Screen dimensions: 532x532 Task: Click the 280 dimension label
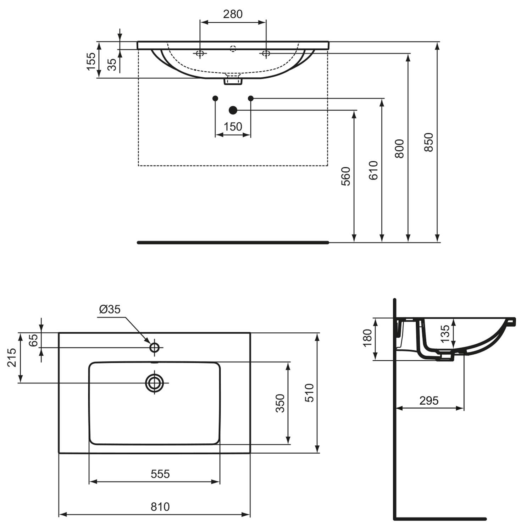[x=233, y=14]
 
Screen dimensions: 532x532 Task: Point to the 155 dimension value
[x=92, y=61]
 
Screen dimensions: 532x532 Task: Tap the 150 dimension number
[x=233, y=127]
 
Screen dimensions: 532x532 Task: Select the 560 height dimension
[x=345, y=176]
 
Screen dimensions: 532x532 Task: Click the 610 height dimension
[x=373, y=170]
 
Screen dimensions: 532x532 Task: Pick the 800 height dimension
[x=399, y=149]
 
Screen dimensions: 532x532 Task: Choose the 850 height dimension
[x=429, y=142]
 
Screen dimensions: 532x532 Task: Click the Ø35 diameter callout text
[x=110, y=309]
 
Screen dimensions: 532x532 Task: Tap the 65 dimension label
[x=33, y=340]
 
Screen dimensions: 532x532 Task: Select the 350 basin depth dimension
[x=280, y=403]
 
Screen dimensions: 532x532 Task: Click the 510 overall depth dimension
[x=309, y=393]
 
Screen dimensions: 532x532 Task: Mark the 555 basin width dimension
[x=160, y=474]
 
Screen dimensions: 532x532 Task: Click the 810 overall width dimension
[x=160, y=507]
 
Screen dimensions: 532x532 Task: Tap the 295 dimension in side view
[x=429, y=401]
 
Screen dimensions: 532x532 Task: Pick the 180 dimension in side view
[x=367, y=338]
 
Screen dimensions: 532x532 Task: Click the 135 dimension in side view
[x=445, y=333]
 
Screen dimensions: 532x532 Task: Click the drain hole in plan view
[x=154, y=383]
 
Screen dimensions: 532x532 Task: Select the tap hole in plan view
[x=154, y=348]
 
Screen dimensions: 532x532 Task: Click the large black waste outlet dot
[x=233, y=110]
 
